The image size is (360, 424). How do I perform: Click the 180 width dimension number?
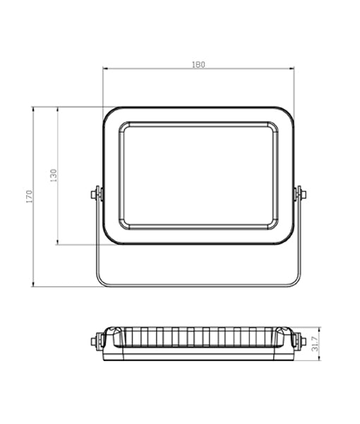click(198, 64)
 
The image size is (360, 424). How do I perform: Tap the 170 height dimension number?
click(30, 196)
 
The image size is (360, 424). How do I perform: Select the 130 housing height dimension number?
click(54, 176)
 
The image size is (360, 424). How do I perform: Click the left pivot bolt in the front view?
click(96, 193)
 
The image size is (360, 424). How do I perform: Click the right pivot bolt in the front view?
click(300, 193)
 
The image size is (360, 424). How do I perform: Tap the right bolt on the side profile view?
click(302, 343)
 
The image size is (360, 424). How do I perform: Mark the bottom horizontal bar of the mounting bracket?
click(198, 286)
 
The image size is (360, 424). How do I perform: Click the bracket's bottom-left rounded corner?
click(101, 281)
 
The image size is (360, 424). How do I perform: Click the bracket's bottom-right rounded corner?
click(296, 281)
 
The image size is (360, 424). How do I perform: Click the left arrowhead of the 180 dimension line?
click(105, 69)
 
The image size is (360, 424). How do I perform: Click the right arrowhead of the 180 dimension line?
click(292, 69)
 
